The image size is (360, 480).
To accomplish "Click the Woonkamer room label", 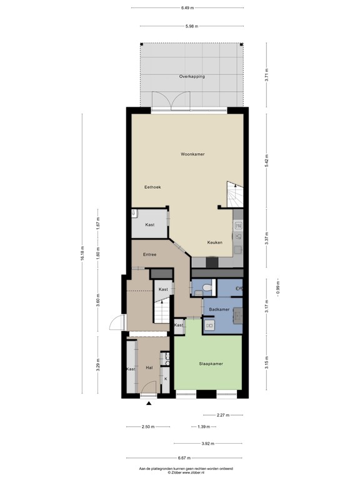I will pos(193,154).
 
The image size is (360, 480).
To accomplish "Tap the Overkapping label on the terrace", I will pos(192,76).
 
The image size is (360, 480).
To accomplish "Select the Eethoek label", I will pos(153,186).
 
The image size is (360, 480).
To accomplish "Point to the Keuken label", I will pos(214,242).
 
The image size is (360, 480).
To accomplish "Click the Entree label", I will pos(149,254).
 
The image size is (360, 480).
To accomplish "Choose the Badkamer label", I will pos(219,309).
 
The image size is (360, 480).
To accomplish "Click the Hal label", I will pos(149,369).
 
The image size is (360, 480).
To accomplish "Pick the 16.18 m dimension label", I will pos(83,254).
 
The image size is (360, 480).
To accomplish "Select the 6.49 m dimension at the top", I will pos(187,8).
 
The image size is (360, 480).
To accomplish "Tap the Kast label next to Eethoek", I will pos(150,224).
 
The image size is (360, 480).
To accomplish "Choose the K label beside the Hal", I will pos(166,379).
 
